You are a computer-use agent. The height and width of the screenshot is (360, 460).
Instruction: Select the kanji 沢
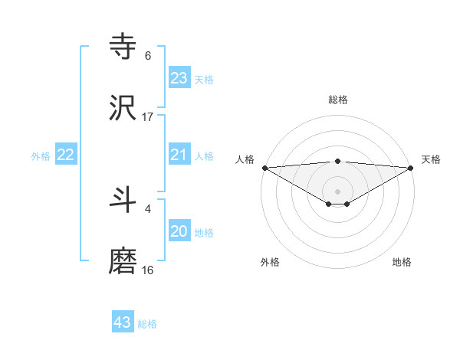tap(123, 108)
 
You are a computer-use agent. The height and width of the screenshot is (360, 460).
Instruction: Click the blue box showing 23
tap(179, 78)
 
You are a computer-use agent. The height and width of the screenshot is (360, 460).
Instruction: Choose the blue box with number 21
tap(179, 155)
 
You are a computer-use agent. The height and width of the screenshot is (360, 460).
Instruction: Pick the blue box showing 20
tap(179, 232)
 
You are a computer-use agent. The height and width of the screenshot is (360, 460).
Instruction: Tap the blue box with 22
tap(66, 155)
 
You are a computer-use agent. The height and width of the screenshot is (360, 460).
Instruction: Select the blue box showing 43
tap(123, 322)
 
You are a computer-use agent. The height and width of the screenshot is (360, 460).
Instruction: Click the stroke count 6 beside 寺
tap(148, 56)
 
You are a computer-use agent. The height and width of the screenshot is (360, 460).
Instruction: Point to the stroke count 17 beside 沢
tap(148, 117)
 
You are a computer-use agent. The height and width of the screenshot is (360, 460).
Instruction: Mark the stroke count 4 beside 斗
tap(148, 208)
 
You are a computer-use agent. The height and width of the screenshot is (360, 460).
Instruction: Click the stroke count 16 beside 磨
tap(148, 270)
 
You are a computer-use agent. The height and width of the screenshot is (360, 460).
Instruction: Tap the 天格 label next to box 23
tap(204, 80)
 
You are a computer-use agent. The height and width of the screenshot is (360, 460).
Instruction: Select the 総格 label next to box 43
tap(147, 324)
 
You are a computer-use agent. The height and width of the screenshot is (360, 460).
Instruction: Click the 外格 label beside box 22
tap(41, 156)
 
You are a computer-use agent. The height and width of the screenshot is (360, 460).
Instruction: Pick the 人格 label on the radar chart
tap(245, 159)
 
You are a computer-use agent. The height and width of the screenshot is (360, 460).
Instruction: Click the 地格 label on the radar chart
tap(402, 262)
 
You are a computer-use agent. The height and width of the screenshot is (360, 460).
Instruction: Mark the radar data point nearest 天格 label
tap(412, 168)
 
